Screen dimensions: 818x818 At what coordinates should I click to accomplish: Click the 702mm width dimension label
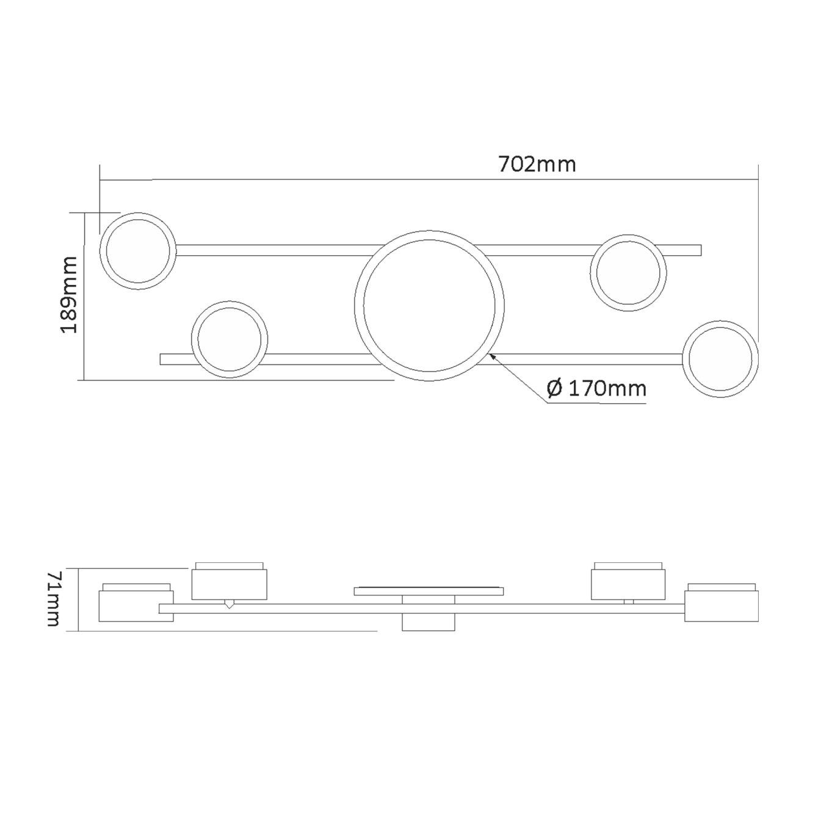coord(537,164)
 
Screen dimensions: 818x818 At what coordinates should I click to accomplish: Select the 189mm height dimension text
coord(69,295)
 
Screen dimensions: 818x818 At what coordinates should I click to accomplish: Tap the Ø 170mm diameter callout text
coord(596,388)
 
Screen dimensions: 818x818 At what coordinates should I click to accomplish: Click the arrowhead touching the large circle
coord(493,356)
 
